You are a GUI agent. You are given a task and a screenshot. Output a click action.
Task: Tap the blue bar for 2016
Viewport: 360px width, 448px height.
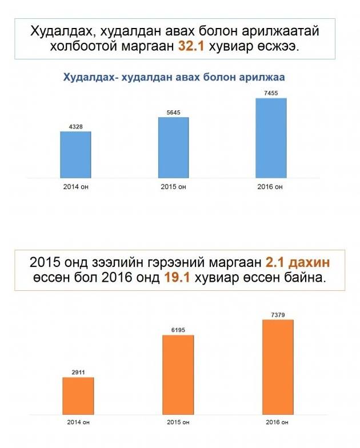271,138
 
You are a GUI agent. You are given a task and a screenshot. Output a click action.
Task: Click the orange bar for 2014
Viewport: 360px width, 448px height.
78,395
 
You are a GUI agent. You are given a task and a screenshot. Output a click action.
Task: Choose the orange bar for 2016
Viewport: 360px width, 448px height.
278,366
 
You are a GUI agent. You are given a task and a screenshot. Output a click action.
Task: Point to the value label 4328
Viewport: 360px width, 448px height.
75,126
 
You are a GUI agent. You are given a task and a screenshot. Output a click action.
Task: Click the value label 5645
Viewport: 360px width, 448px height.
174,112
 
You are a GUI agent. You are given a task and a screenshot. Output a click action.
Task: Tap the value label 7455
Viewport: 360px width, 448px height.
271,93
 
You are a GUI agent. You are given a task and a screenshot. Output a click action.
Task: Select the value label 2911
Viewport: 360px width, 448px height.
78,371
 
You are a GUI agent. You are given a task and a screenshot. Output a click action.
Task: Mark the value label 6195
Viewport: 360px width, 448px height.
178,329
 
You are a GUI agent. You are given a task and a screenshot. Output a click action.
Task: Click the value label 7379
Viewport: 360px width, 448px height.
278,314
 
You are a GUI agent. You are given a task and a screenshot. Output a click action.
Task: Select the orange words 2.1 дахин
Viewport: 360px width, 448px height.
298,262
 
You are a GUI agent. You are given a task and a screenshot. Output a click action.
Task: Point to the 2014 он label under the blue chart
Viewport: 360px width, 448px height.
75,187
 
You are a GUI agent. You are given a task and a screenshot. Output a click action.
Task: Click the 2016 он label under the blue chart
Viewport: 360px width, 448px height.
271,187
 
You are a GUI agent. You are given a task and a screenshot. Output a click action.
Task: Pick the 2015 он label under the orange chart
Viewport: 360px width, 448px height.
178,422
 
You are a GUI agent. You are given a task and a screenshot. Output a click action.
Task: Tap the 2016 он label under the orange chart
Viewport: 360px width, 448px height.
277,422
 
